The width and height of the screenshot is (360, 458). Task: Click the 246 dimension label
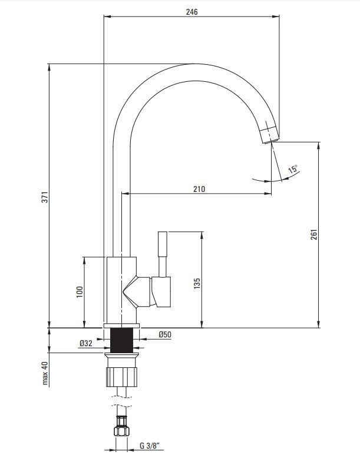pyautogui.click(x=192, y=12)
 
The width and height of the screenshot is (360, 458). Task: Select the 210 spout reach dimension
pyautogui.click(x=199, y=189)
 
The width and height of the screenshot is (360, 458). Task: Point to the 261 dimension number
pyautogui.click(x=313, y=234)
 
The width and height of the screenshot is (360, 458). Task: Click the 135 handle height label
pyautogui.click(x=197, y=283)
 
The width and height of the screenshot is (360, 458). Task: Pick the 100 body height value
pyautogui.click(x=80, y=292)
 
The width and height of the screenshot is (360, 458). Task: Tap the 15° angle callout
pyautogui.click(x=293, y=169)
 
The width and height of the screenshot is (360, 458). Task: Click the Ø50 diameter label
pyautogui.click(x=165, y=335)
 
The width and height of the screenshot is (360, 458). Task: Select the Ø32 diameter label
pyautogui.click(x=85, y=344)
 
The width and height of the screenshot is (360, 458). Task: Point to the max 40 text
pyautogui.click(x=45, y=373)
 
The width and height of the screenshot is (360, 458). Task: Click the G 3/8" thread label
pyautogui.click(x=150, y=446)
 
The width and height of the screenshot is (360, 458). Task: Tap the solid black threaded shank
pyautogui.click(x=121, y=340)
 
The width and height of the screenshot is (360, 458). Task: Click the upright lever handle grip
pyautogui.click(x=163, y=244)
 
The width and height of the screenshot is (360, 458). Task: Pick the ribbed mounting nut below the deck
pyautogui.click(x=121, y=377)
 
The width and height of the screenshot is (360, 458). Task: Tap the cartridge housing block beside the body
pyautogui.click(x=161, y=292)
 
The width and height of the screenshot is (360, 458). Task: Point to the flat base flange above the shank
pyautogui.click(x=121, y=326)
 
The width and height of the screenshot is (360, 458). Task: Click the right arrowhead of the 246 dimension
pyautogui.click(x=276, y=16)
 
